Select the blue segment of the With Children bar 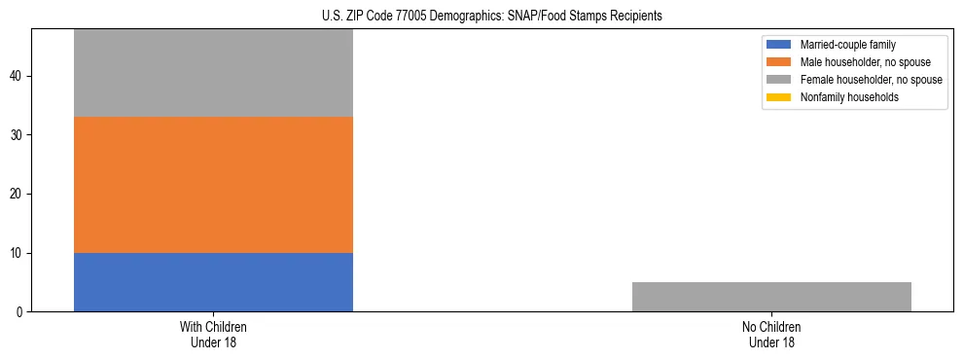[213, 282]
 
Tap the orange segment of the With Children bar [213, 185]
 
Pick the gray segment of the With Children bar [213, 73]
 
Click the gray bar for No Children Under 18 [771, 297]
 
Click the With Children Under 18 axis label [213, 335]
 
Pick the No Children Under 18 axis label [771, 335]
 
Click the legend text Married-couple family [847, 45]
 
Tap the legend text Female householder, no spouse [871, 80]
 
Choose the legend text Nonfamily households [849, 97]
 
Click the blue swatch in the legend [778, 45]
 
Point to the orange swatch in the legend [778, 62]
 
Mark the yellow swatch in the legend [778, 97]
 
